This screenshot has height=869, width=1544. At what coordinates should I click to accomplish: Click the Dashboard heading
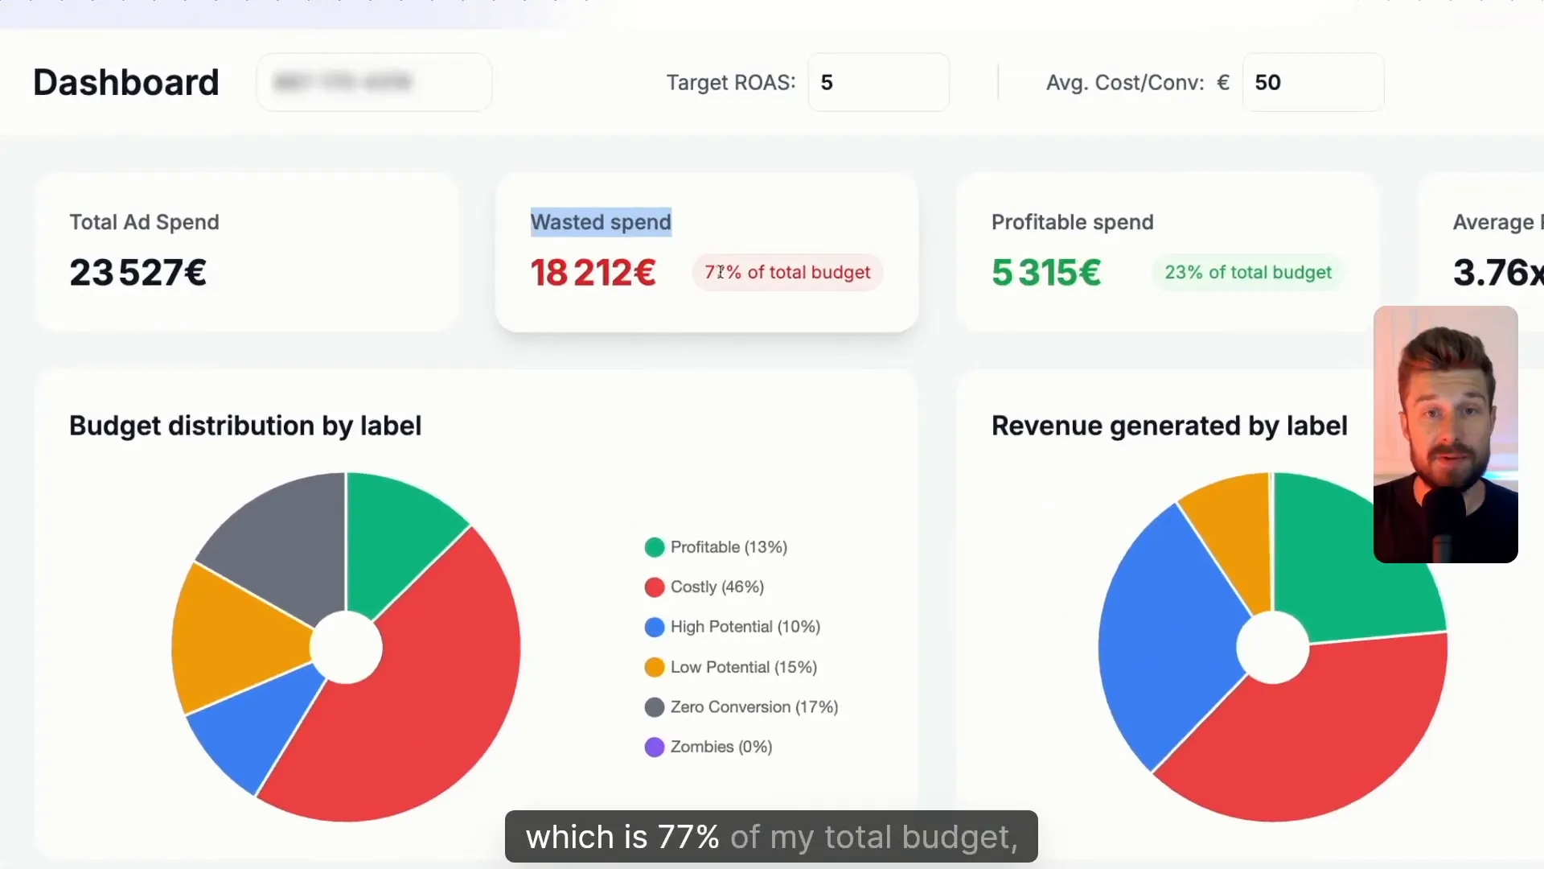[125, 82]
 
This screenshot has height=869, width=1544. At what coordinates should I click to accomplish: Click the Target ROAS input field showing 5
[877, 82]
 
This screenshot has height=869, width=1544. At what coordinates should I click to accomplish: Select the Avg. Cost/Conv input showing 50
[1312, 82]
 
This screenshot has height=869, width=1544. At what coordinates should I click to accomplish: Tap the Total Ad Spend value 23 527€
[138, 273]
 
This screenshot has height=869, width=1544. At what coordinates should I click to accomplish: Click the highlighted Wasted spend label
[601, 222]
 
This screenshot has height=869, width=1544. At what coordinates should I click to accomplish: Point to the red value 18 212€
[593, 273]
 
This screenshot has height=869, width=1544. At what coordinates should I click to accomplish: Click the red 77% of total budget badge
[787, 273]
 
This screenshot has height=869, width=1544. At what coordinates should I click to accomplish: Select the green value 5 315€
[1046, 273]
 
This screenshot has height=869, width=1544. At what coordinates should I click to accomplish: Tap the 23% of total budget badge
[1247, 273]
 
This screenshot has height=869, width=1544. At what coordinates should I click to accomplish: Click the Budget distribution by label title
[245, 426]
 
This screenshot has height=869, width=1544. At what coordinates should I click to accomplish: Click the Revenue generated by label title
[1168, 426]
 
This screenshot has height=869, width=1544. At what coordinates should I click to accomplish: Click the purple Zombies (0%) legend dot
[655, 747]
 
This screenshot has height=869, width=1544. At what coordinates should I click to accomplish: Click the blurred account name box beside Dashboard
[374, 82]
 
